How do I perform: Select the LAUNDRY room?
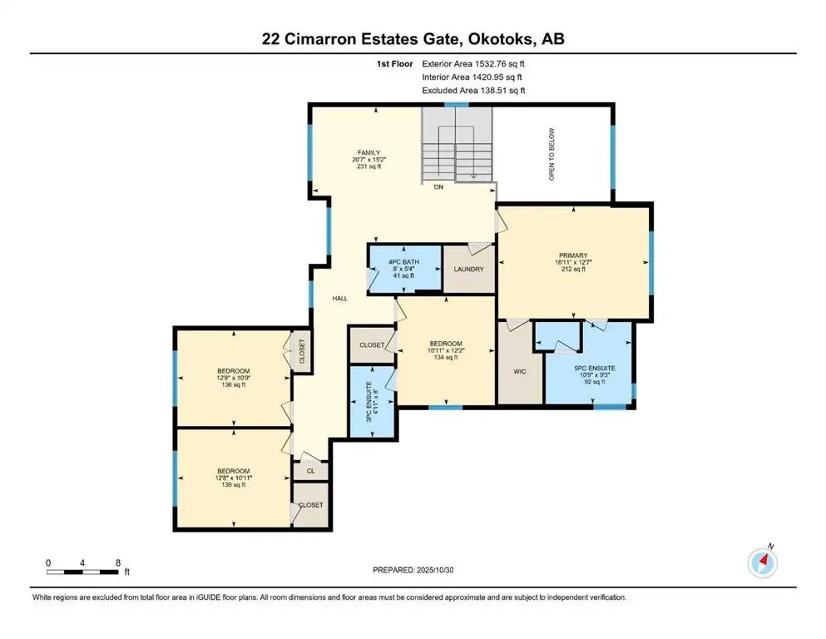coord(468,269)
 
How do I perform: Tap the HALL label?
coord(339,298)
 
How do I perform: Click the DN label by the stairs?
coord(438,188)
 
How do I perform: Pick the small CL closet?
coord(310,471)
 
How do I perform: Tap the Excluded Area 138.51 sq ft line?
coord(473,90)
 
